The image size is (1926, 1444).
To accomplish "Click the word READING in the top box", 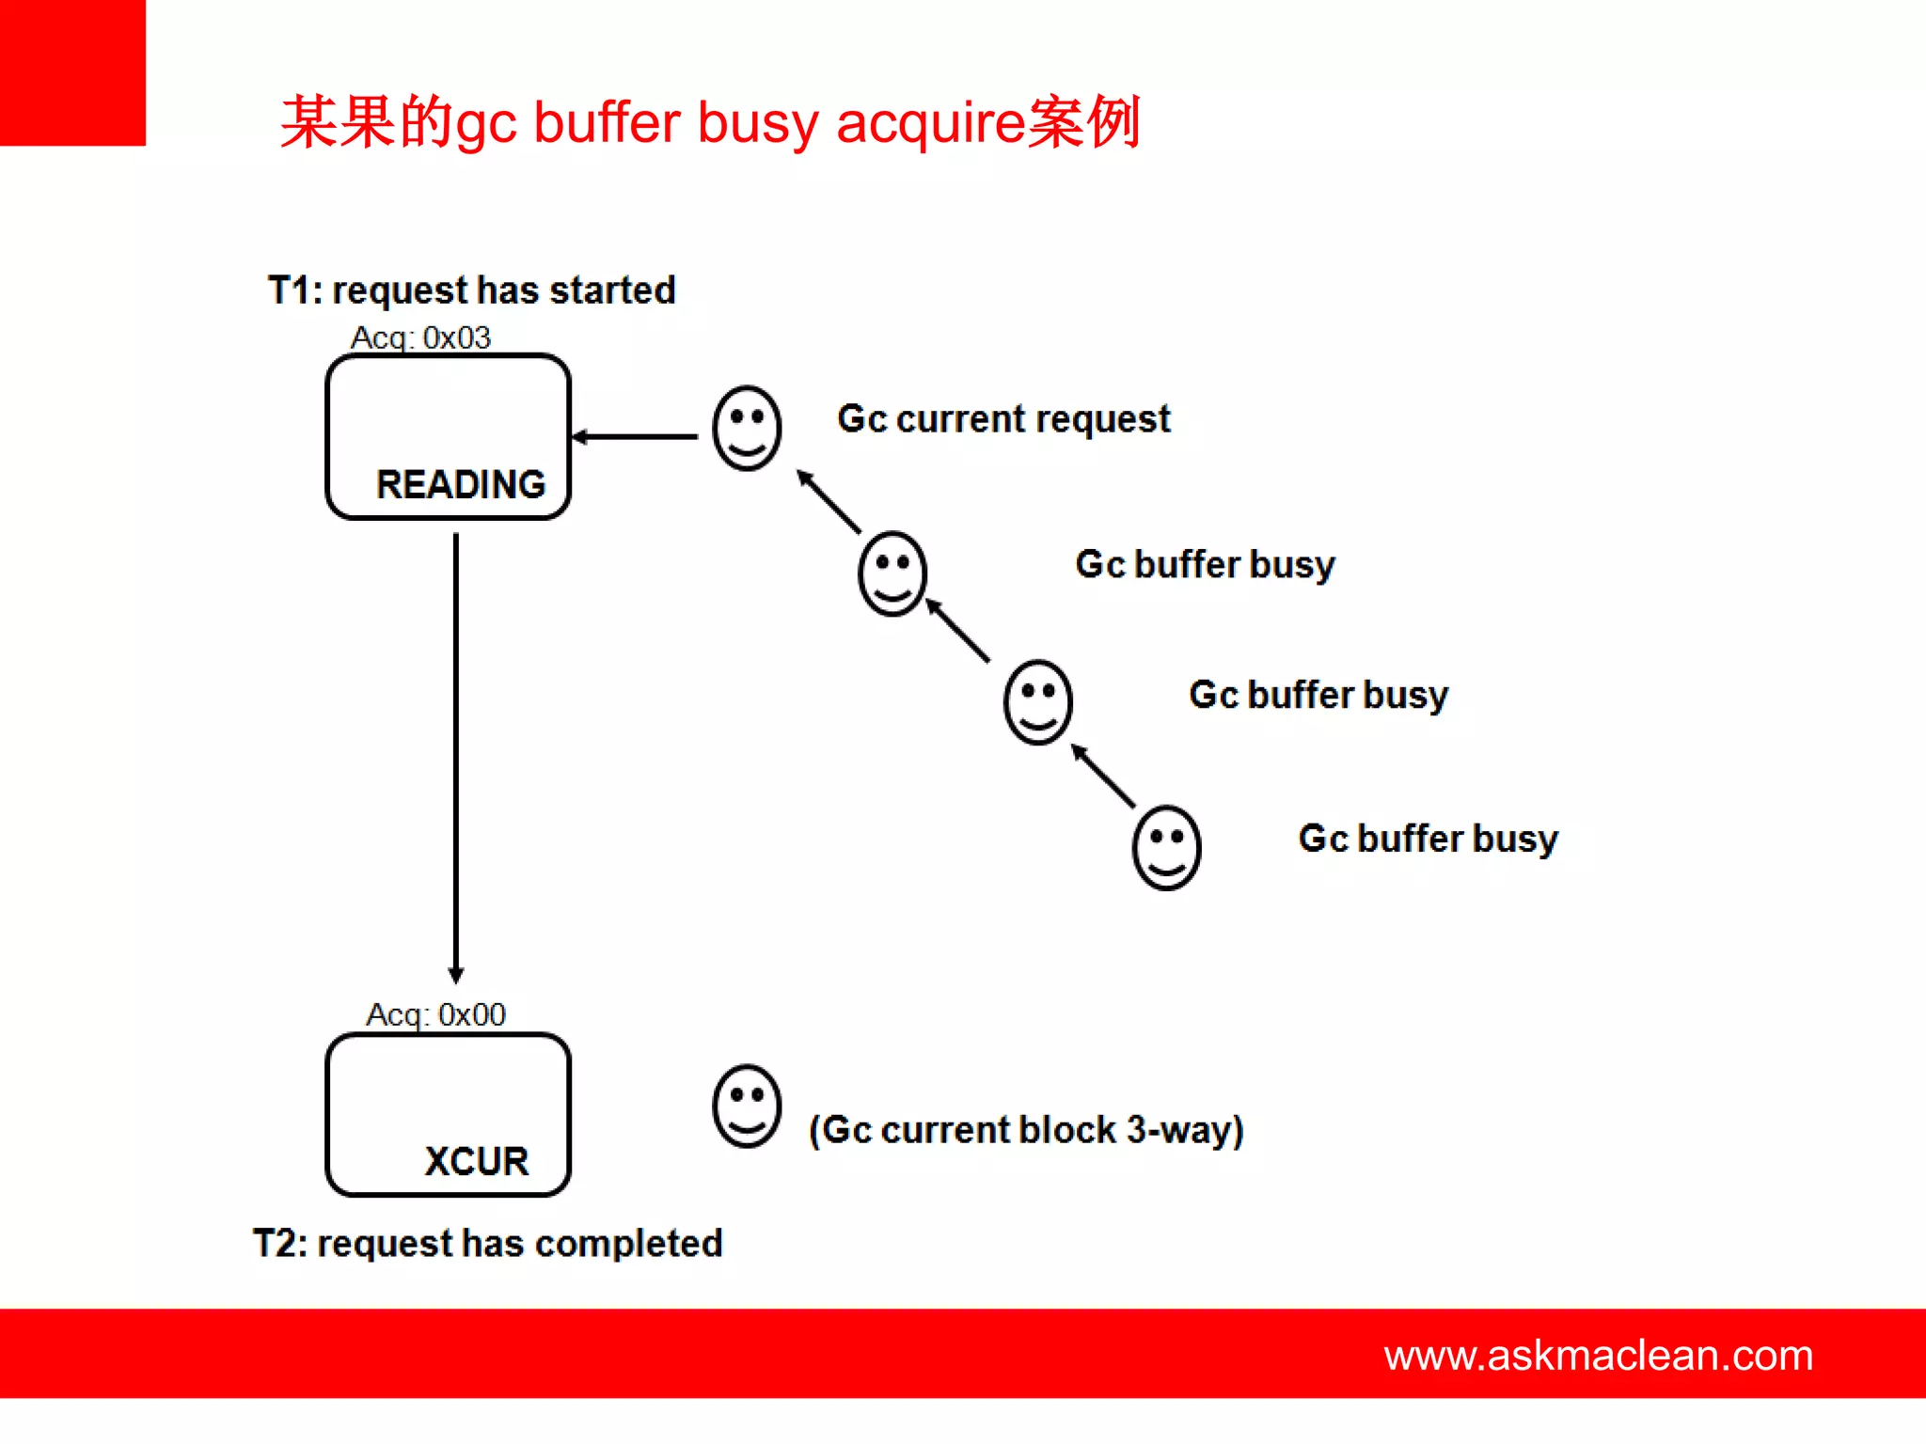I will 461,484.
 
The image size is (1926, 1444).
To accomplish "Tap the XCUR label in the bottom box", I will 476,1161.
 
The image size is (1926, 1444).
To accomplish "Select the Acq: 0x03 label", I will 420,337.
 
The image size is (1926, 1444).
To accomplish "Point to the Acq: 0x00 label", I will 435,1014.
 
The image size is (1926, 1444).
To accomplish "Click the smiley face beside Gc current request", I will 747,428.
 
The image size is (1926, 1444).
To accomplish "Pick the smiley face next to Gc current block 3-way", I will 747,1106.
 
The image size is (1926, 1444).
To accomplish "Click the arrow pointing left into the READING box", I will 636,436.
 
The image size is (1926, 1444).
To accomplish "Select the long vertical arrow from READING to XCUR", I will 456,757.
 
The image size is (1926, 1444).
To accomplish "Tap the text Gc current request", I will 1003,419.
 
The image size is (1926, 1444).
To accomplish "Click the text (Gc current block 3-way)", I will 1026,1129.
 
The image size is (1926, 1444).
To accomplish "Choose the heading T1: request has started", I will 471,290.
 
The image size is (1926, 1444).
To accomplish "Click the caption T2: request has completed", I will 487,1243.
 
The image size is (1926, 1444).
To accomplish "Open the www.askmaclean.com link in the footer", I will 1598,1355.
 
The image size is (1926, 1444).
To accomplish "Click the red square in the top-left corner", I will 72,72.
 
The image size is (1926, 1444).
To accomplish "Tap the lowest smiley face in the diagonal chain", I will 1166,847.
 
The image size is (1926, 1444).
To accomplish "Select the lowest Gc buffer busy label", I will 1428,839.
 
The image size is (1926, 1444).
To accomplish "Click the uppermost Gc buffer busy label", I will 1205,565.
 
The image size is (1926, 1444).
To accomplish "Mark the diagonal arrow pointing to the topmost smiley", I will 829,502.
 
